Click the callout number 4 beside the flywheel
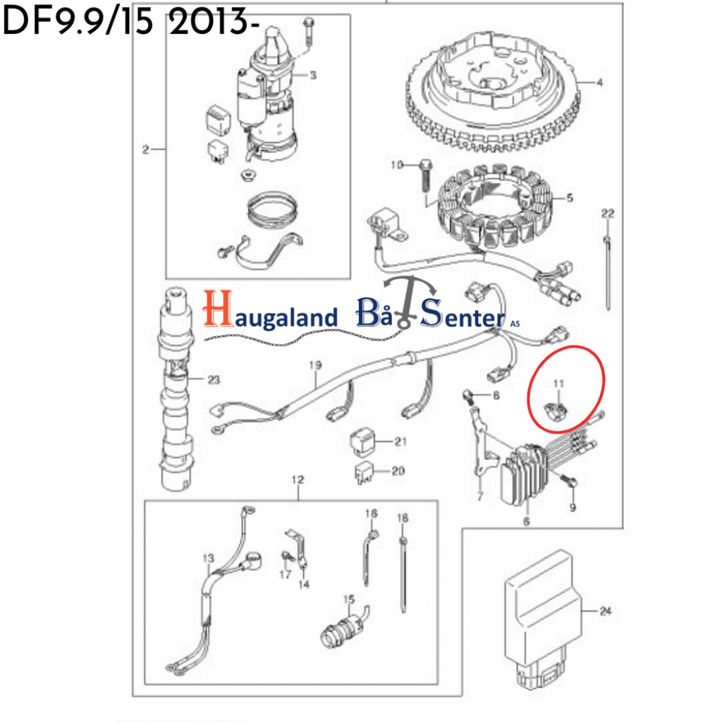tap(599, 82)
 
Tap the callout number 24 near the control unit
tap(605, 611)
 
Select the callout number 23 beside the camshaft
tap(214, 379)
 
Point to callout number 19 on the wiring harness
tap(315, 365)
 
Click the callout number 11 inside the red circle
tap(558, 384)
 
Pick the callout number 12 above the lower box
tap(298, 479)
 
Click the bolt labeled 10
tap(426, 176)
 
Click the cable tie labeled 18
tap(404, 575)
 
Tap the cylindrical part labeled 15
tap(343, 628)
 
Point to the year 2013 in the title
tap(209, 22)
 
